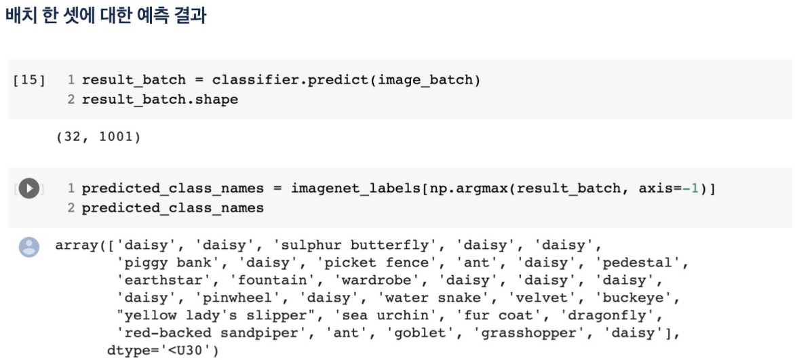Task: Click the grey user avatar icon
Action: pyautogui.click(x=28, y=246)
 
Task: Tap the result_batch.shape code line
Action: pyautogui.click(x=160, y=100)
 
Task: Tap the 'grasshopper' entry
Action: pyautogui.click(x=527, y=333)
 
